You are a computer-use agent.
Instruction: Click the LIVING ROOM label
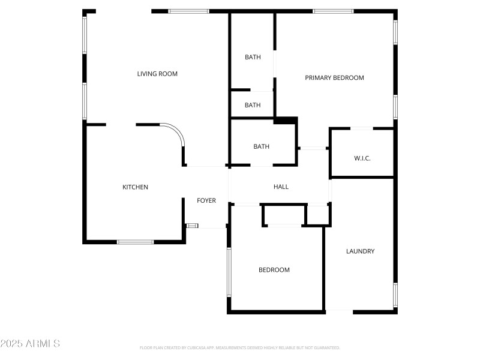click(157, 74)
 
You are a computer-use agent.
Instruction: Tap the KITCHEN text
click(135, 187)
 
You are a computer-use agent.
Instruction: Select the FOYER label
click(206, 200)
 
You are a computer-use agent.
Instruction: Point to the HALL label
click(281, 187)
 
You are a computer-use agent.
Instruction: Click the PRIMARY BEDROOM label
click(334, 77)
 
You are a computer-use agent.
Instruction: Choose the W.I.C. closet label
click(362, 158)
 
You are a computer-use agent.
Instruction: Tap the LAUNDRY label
click(360, 251)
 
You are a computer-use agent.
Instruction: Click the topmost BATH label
click(253, 57)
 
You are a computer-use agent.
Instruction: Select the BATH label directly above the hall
click(261, 146)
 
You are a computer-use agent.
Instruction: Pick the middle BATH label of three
click(253, 105)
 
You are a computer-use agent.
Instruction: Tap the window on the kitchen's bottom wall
click(135, 242)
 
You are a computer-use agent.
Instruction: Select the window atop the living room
click(188, 11)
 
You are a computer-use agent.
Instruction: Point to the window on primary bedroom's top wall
click(333, 11)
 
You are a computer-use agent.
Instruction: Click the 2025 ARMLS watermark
click(30, 344)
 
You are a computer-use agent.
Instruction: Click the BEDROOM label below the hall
click(274, 270)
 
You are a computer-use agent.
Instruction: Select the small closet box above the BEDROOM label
click(284, 215)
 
